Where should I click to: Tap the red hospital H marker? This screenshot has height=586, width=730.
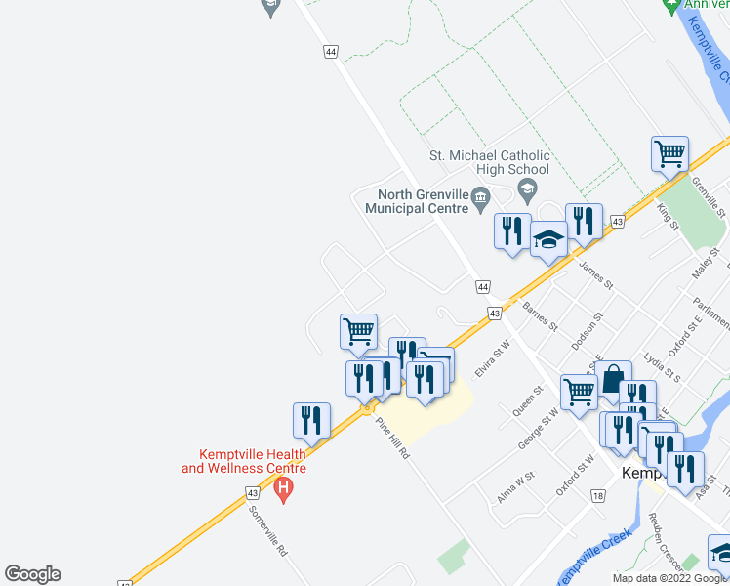point(284,486)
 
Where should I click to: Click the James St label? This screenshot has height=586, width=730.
point(595,274)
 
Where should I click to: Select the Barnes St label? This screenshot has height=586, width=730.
point(539,315)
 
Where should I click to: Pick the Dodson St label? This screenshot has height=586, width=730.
point(588,331)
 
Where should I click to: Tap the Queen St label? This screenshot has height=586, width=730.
point(526,399)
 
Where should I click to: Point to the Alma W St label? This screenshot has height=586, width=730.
point(515,484)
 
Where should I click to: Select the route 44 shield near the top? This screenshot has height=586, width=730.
point(331,51)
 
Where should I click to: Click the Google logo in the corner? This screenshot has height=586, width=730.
point(32,574)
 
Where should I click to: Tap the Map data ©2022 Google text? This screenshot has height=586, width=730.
point(669,578)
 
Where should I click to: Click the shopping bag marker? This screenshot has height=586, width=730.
point(613,379)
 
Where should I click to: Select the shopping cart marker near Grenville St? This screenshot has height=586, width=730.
point(669,153)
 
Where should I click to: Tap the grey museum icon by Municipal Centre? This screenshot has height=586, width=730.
point(480,201)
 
